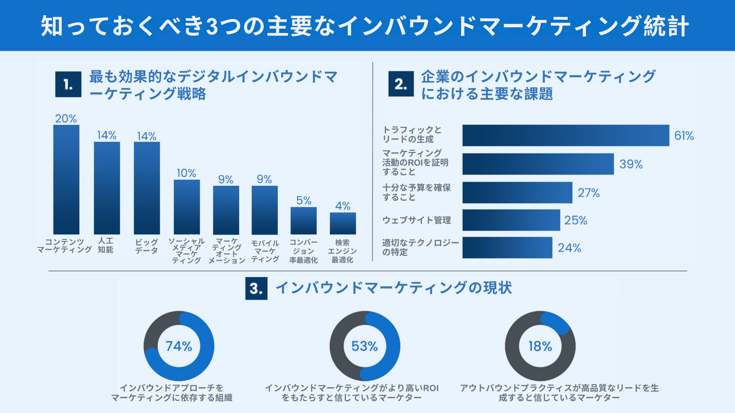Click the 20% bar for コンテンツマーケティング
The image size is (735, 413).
click(x=66, y=179)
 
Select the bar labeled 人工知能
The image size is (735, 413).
click(x=107, y=188)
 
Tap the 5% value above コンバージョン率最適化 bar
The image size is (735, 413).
click(x=304, y=200)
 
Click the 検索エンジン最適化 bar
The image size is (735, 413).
click(x=343, y=223)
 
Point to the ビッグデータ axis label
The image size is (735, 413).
click(x=146, y=246)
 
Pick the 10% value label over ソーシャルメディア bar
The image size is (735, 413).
click(x=186, y=173)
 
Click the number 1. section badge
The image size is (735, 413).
click(x=68, y=85)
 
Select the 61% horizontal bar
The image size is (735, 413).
click(x=566, y=136)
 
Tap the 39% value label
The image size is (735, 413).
click(x=631, y=164)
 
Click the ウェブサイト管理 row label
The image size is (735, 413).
click(x=416, y=220)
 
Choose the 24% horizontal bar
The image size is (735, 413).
click(x=507, y=247)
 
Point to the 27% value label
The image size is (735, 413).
click(x=589, y=193)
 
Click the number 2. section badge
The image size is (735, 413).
click(x=401, y=84)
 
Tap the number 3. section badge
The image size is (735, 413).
click(x=256, y=288)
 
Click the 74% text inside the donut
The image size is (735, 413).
click(x=179, y=346)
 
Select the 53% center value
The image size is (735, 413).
click(x=364, y=346)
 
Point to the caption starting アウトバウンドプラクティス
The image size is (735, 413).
click(x=559, y=393)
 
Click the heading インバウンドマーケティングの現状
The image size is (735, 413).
click(x=393, y=288)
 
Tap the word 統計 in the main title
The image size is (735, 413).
click(x=666, y=26)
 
